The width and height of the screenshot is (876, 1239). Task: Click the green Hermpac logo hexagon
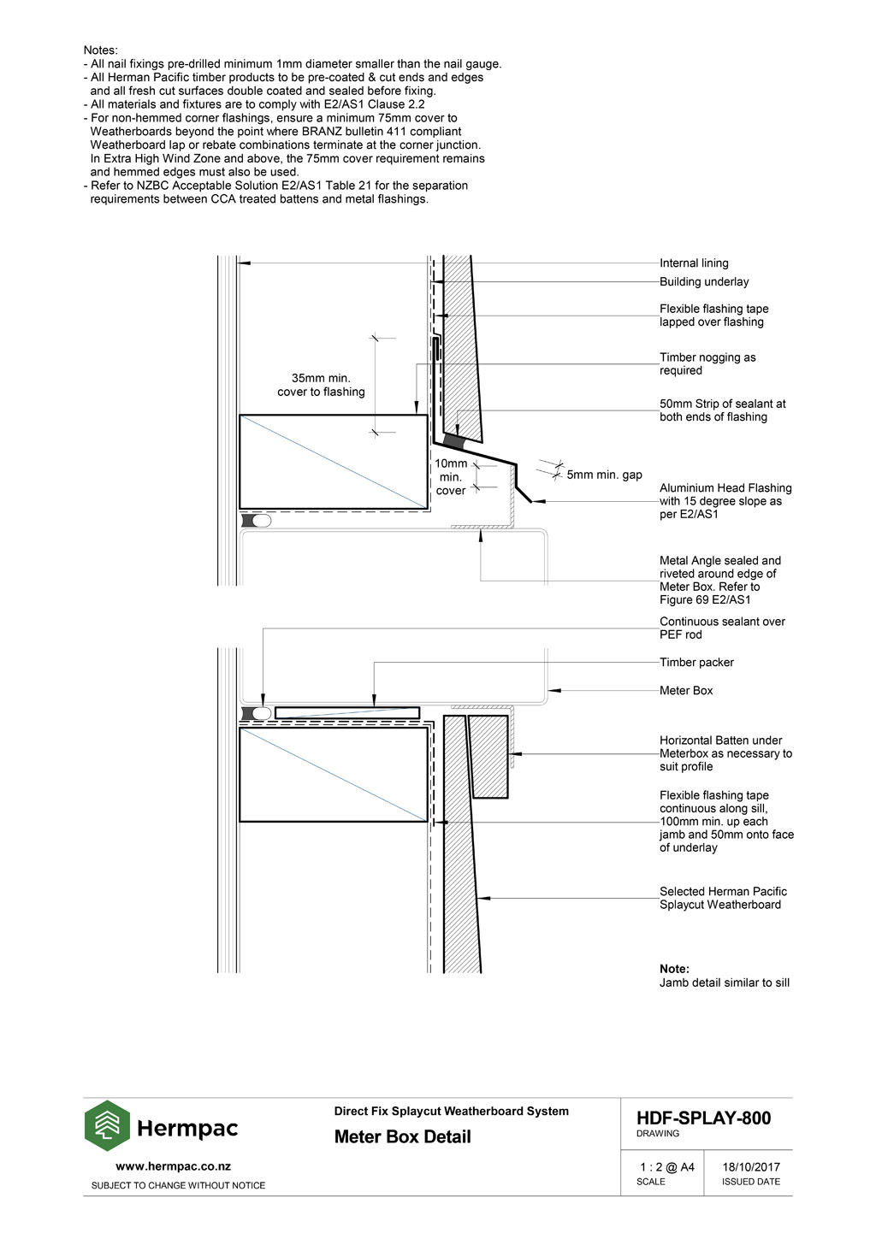click(107, 1126)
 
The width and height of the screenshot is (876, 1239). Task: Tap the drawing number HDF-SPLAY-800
click(703, 1118)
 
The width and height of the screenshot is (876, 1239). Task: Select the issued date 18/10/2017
click(750, 1167)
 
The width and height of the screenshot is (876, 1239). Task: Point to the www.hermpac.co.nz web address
click(173, 1166)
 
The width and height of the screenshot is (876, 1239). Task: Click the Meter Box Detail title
click(402, 1137)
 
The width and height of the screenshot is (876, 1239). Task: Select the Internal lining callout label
click(694, 263)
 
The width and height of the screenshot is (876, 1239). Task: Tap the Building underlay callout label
click(703, 282)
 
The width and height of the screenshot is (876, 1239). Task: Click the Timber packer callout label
click(696, 663)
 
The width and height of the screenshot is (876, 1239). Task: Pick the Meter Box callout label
click(685, 691)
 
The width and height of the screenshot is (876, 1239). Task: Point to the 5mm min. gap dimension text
click(604, 475)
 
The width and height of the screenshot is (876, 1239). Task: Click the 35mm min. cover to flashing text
click(321, 385)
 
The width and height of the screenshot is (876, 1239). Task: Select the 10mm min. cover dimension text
click(451, 477)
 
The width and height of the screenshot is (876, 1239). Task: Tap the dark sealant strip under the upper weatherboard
click(454, 442)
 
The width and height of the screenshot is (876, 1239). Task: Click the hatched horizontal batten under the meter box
click(488, 756)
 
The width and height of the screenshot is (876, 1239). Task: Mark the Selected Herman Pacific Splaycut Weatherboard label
click(722, 898)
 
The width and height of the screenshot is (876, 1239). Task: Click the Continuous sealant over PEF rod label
click(721, 628)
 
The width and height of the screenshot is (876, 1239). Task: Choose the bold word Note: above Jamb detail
click(674, 969)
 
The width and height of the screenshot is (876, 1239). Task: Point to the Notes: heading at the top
click(100, 50)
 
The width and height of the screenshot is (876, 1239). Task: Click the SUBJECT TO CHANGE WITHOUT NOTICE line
click(178, 1186)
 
